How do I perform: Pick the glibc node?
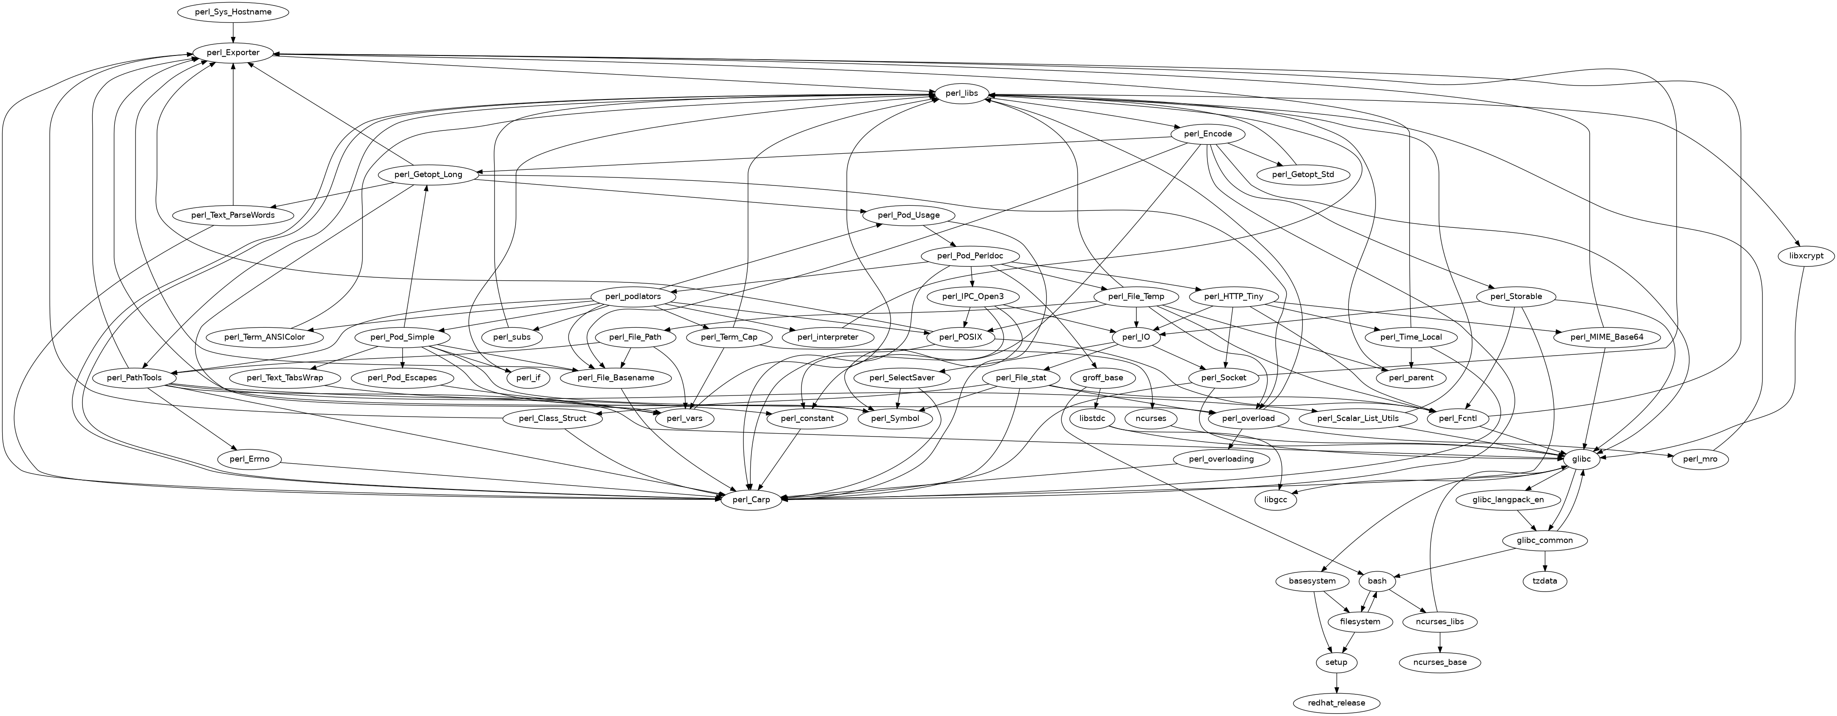point(1581,459)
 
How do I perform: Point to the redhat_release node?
point(1336,703)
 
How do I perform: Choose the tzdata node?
point(1544,581)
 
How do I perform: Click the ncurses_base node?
point(1440,663)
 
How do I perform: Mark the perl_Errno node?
point(250,459)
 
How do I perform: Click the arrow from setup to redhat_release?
point(1336,683)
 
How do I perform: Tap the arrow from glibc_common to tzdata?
point(1544,561)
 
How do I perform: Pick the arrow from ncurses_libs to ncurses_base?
point(1440,642)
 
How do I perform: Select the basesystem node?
point(1312,581)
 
